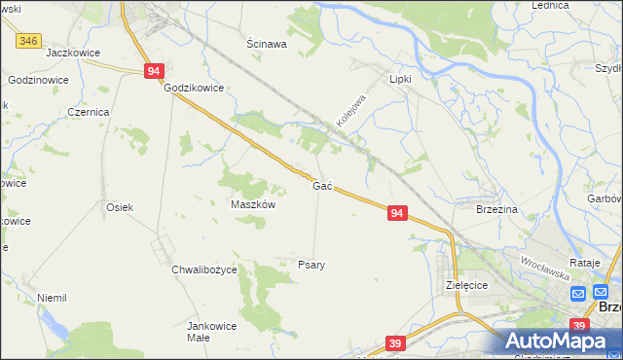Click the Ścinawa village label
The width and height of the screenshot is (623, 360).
[x=266, y=44]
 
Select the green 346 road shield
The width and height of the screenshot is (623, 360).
[x=29, y=41]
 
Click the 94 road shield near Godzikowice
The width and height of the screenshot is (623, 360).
[x=154, y=71]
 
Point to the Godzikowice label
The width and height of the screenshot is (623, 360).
[x=195, y=88]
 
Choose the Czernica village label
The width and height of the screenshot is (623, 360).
[x=88, y=112]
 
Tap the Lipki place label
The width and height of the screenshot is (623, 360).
[x=401, y=79]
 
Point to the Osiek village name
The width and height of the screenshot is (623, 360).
[x=119, y=207]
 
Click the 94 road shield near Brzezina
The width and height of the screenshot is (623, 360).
[x=396, y=212]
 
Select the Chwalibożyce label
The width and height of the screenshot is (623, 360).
[x=203, y=270]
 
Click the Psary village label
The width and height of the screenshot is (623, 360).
[x=311, y=264]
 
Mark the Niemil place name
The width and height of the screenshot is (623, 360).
[x=51, y=298]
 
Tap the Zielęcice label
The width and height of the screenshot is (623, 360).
[x=465, y=286]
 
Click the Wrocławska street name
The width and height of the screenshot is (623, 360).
[x=544, y=268]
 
